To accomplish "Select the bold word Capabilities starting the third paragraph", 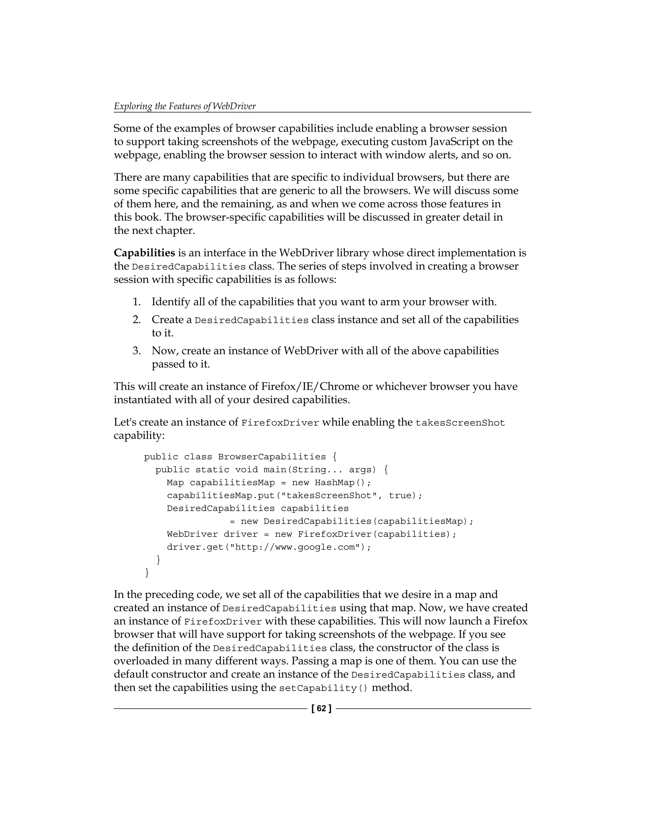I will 145,253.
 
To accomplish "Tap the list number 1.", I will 136,302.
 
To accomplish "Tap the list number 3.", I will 136,351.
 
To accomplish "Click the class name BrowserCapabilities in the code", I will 272,457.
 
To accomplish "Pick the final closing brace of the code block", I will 147,573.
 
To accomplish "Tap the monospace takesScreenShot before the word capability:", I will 460,423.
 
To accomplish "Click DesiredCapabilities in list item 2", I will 251,320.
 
